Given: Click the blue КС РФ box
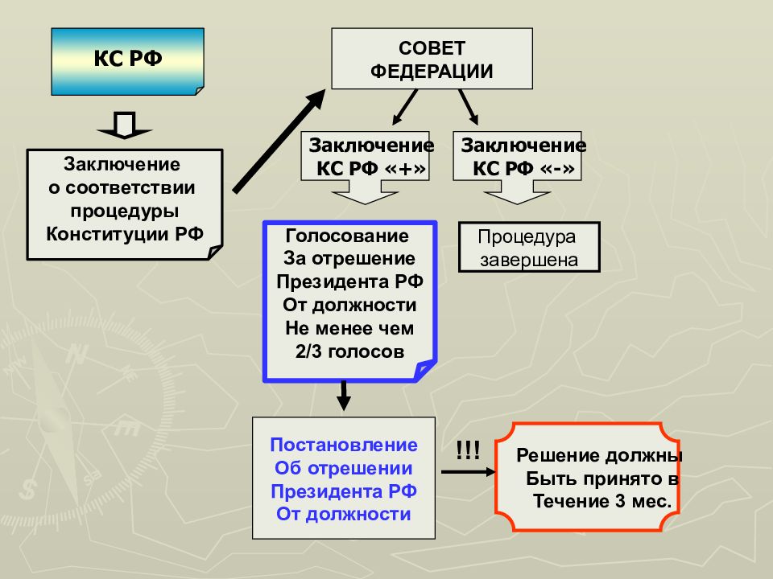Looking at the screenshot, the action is click(128, 62).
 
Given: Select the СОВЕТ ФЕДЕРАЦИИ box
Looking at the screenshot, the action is click(432, 59).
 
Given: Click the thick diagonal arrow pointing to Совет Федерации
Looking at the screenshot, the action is click(279, 142).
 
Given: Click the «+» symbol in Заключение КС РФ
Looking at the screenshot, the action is click(405, 168).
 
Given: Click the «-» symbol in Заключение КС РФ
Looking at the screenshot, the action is click(557, 168).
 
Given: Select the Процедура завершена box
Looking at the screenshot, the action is click(529, 247).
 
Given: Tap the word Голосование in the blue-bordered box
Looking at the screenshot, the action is click(347, 236).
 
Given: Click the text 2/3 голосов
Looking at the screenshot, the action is click(350, 351).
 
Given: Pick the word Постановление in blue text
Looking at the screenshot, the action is click(344, 445).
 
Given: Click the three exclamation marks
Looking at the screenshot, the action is click(468, 450).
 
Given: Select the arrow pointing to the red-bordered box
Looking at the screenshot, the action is click(469, 472).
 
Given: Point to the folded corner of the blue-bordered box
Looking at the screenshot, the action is click(425, 370).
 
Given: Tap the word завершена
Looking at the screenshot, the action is click(529, 260).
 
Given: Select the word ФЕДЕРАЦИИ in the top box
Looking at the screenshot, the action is click(432, 71).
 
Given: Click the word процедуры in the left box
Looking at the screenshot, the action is click(125, 211).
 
